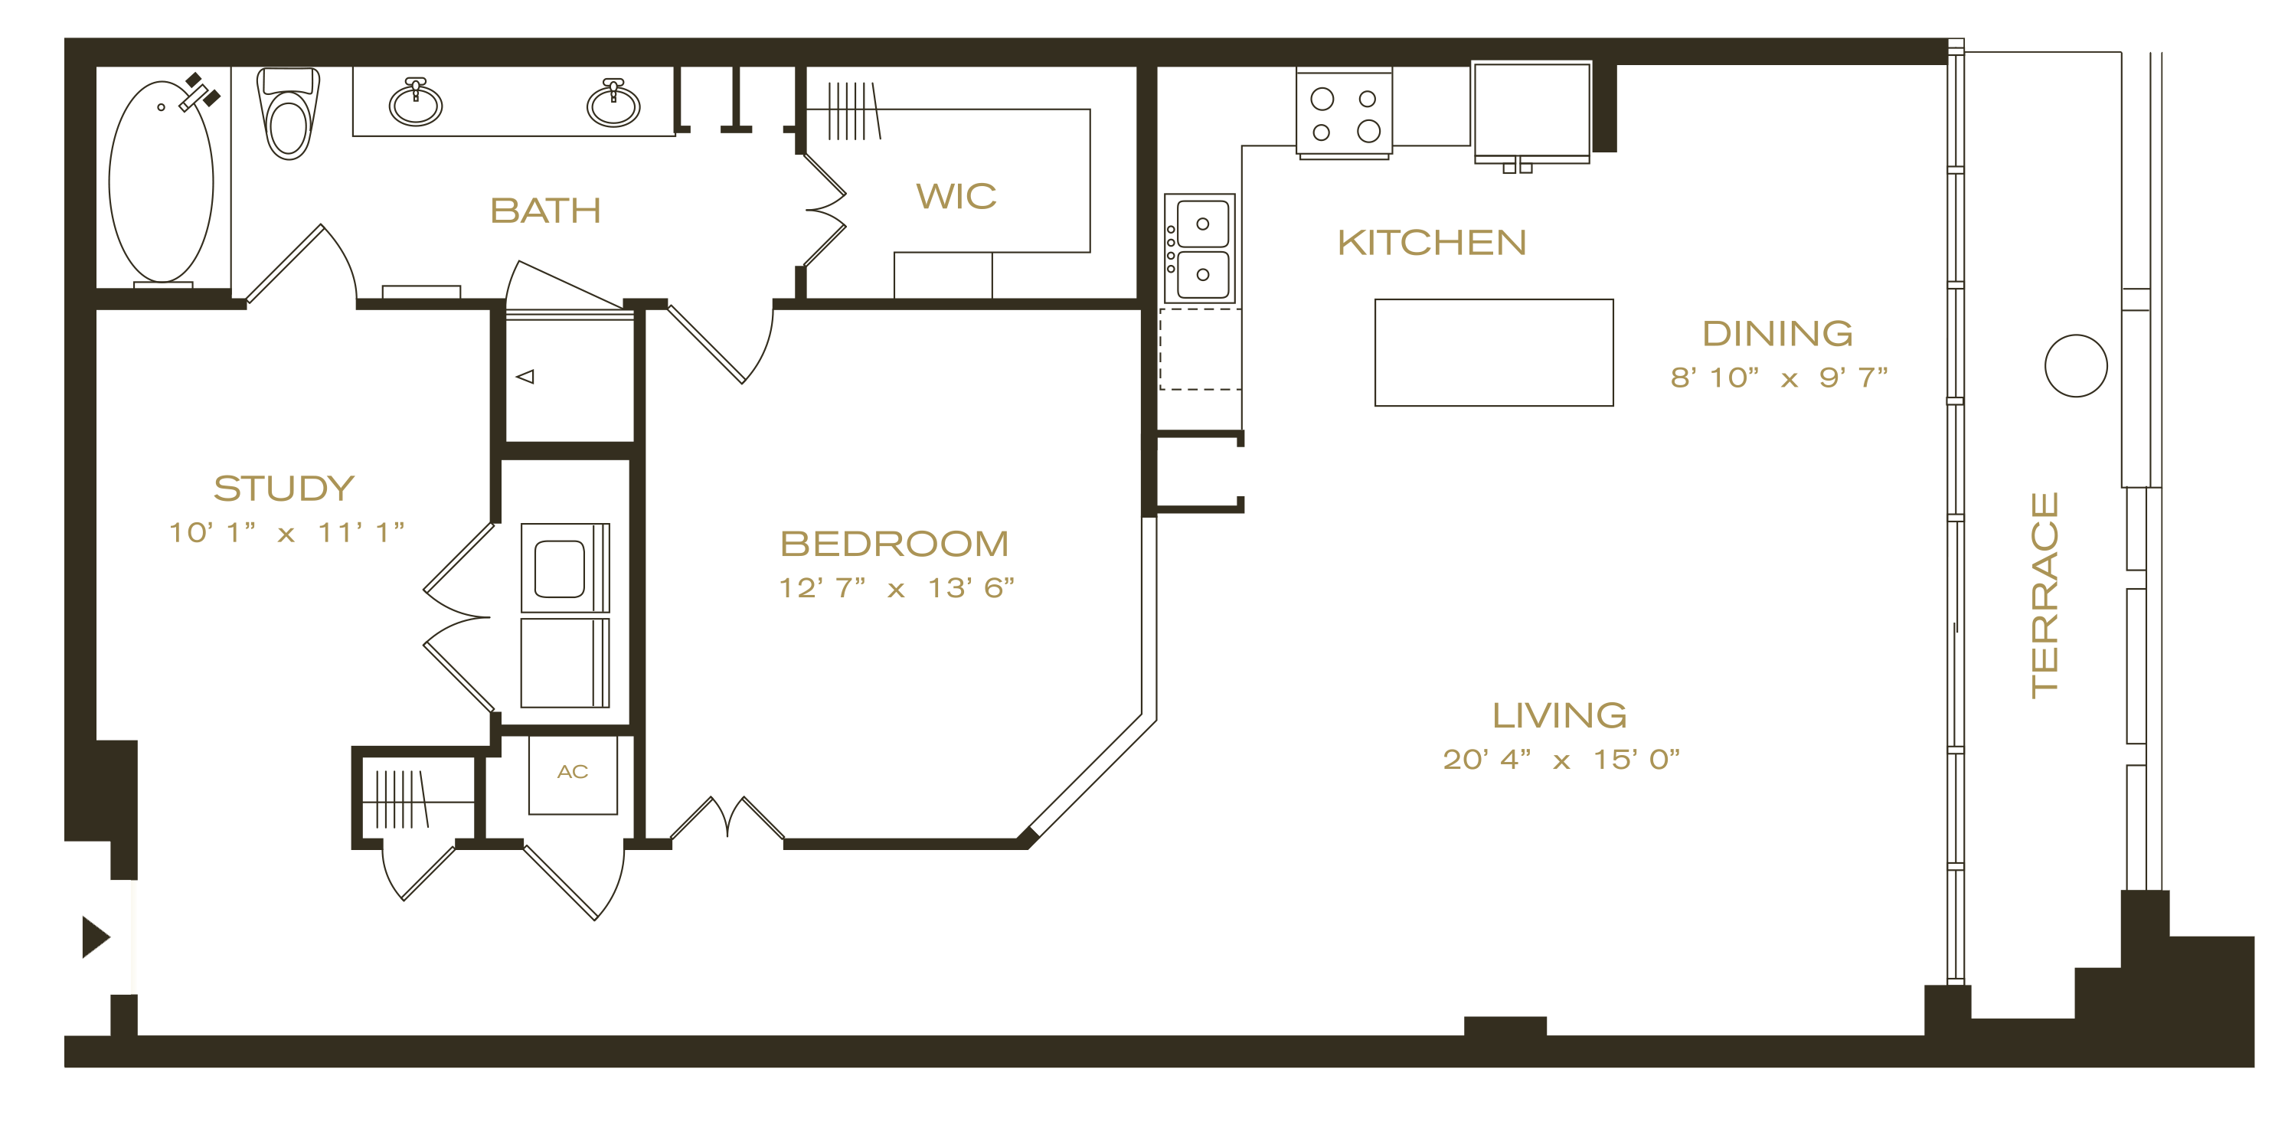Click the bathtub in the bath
[161, 181]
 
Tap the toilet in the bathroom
[288, 113]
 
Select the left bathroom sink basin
[416, 103]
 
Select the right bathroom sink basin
[613, 103]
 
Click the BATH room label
[545, 211]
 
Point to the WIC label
[956, 196]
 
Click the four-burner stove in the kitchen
[1344, 113]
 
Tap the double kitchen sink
[1200, 250]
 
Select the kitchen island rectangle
[1494, 352]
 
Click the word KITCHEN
[1432, 243]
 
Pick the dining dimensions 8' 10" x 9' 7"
[1778, 378]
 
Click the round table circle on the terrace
[2076, 366]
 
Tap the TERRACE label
[2044, 595]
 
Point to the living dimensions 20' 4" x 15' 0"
[1561, 760]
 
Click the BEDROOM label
[894, 544]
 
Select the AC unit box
[573, 774]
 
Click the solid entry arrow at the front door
[96, 937]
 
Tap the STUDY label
[284, 489]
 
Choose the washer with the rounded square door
[565, 567]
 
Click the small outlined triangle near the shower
[525, 377]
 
